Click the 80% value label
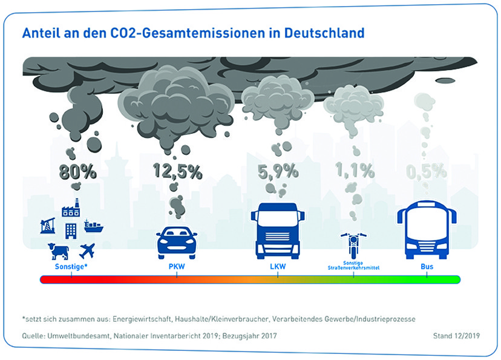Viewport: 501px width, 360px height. pyautogui.click(x=78, y=172)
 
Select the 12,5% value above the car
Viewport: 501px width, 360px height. pyautogui.click(x=177, y=172)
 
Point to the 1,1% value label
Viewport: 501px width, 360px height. pyautogui.click(x=355, y=172)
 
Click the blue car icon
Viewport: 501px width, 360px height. pyautogui.click(x=177, y=242)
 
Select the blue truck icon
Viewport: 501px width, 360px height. pyautogui.click(x=278, y=231)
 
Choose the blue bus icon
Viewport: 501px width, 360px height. pyautogui.click(x=427, y=231)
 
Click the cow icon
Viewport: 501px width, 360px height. pyautogui.click(x=59, y=250)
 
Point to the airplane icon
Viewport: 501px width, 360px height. pyautogui.click(x=87, y=250)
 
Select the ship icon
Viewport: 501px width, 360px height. pyautogui.click(x=93, y=226)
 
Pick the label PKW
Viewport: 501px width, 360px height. pyautogui.click(x=177, y=266)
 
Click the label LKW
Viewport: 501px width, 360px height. pyautogui.click(x=278, y=266)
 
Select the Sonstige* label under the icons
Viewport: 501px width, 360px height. pyautogui.click(x=71, y=266)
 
